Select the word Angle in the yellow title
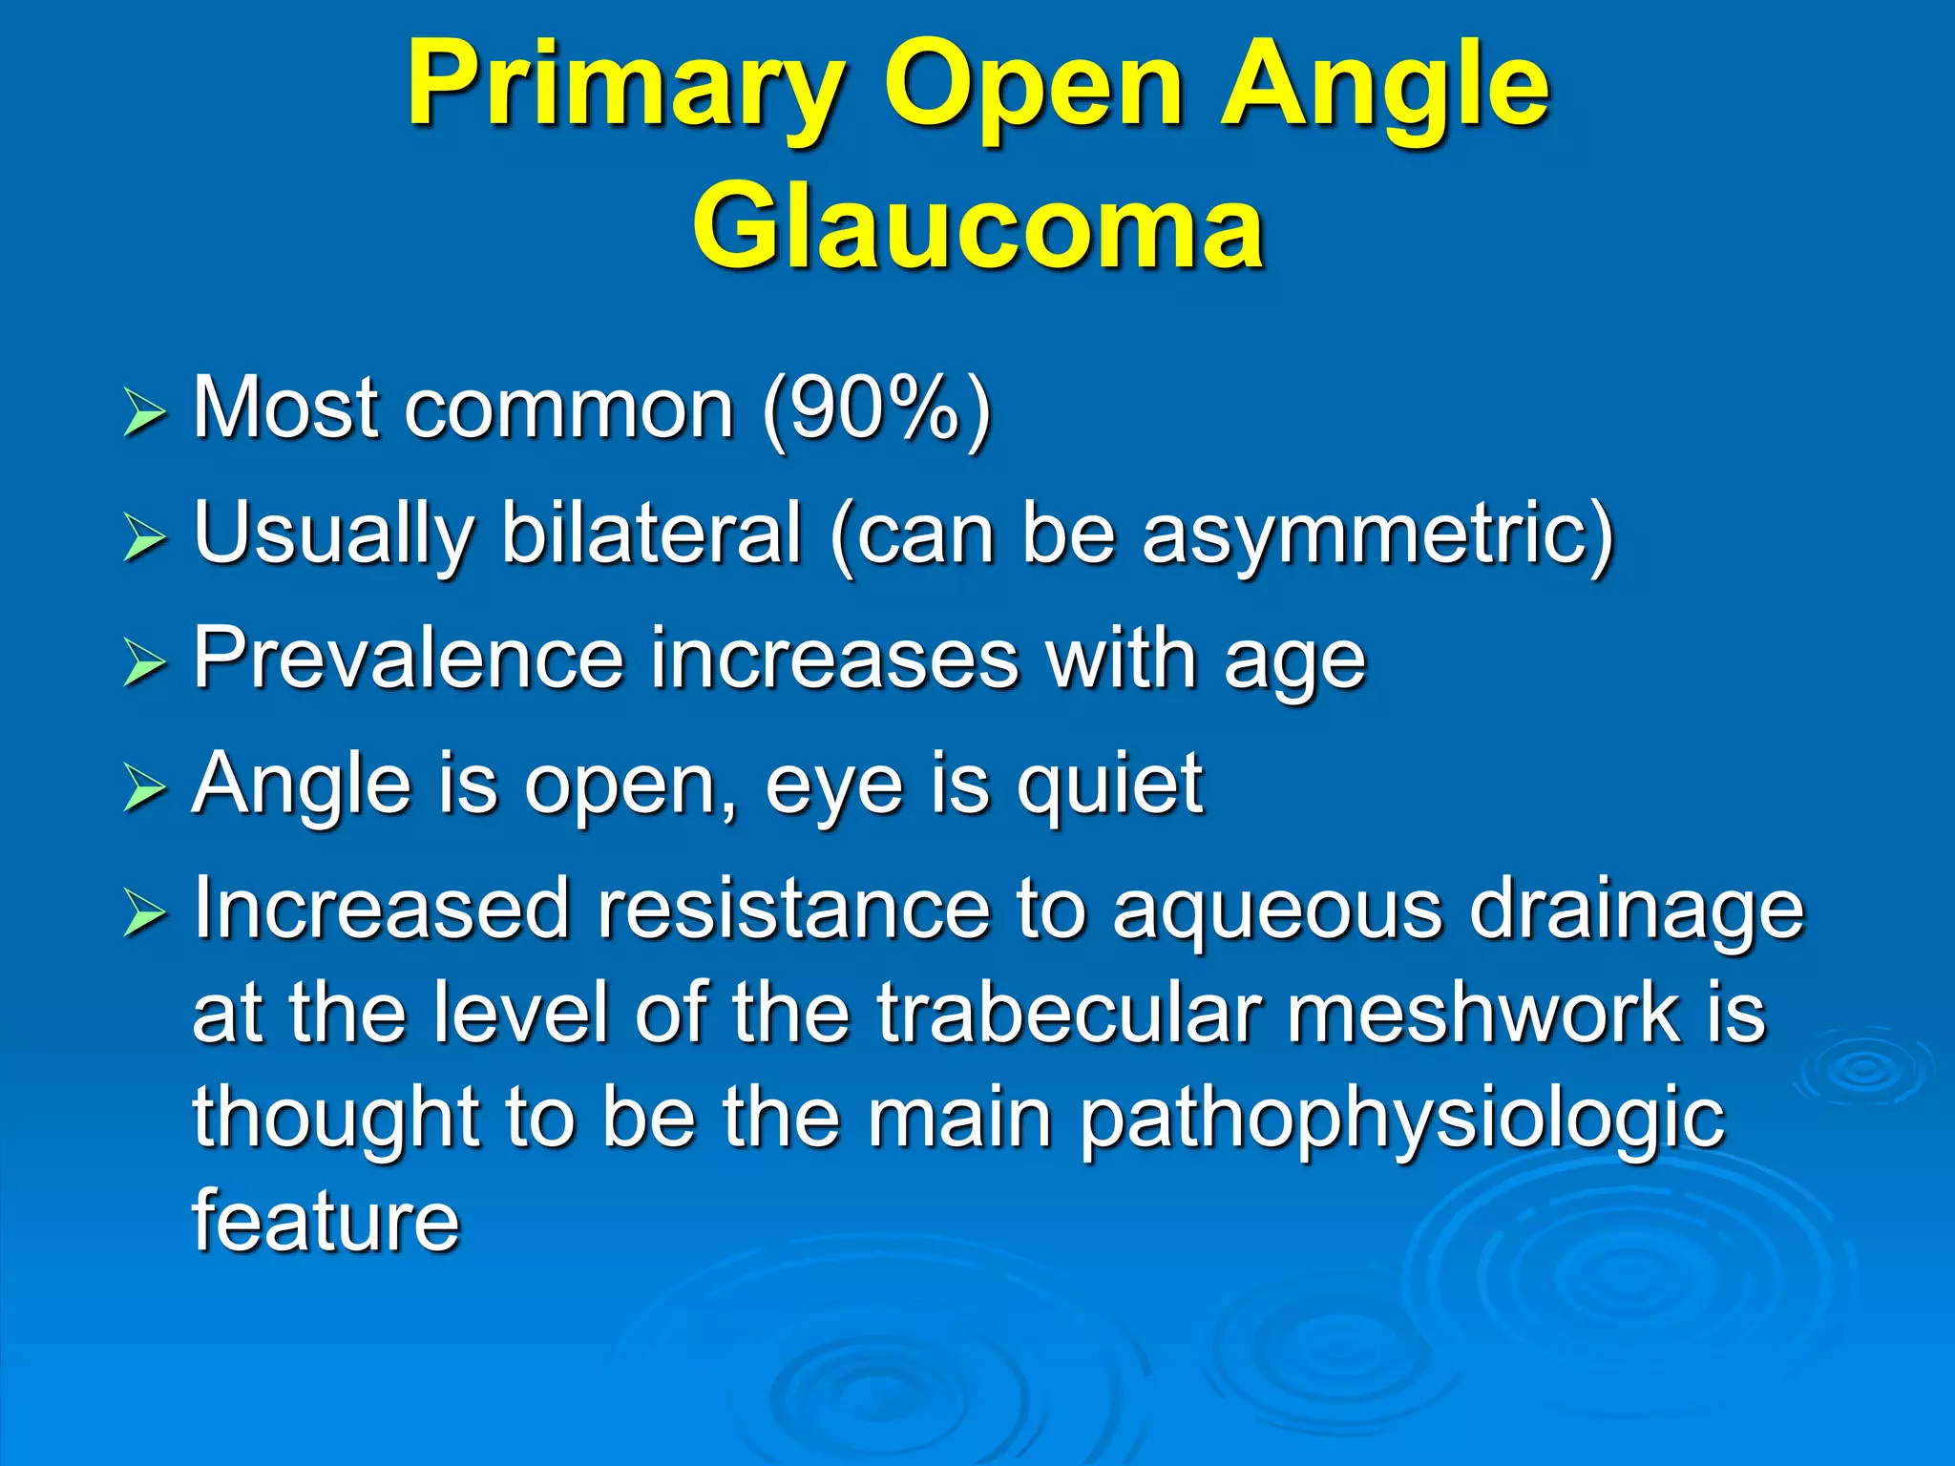pos(1384,86)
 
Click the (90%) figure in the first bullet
pos(876,408)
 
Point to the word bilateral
pos(651,534)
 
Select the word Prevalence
pos(408,659)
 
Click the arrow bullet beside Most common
pos(144,415)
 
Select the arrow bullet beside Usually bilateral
pos(144,540)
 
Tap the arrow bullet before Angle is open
pos(144,791)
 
